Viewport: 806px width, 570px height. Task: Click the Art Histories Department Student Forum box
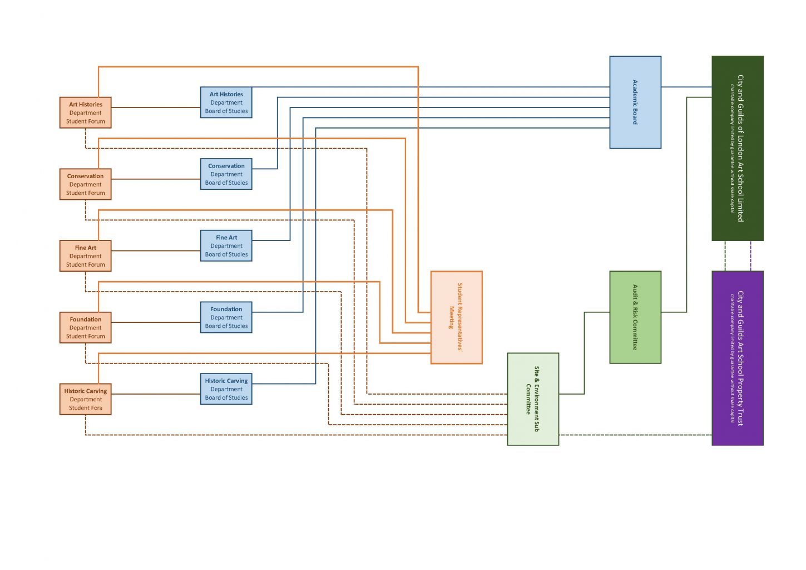click(86, 113)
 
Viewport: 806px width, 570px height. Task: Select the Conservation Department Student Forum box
click(86, 184)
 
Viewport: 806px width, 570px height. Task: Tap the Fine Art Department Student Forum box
click(86, 256)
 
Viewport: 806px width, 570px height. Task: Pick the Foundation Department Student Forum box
click(86, 328)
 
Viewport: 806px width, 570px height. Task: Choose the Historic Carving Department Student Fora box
click(86, 400)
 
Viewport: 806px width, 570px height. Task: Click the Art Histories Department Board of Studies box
click(226, 103)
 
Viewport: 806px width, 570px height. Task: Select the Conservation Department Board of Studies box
click(226, 174)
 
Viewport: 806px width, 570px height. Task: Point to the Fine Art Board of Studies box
click(226, 246)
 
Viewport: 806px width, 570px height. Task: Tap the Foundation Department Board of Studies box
click(226, 318)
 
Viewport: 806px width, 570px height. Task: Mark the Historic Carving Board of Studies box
click(226, 389)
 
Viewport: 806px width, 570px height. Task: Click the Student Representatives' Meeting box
click(456, 318)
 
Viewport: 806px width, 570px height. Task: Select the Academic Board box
click(635, 102)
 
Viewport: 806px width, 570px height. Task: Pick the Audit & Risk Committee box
click(635, 317)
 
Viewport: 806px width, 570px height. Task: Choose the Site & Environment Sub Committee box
click(533, 399)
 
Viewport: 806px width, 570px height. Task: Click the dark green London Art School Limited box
click(738, 149)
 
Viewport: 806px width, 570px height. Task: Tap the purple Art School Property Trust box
click(738, 358)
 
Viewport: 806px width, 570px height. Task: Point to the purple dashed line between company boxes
click(751, 256)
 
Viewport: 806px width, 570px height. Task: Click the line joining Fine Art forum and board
click(156, 251)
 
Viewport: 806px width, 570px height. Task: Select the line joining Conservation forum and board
click(156, 179)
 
